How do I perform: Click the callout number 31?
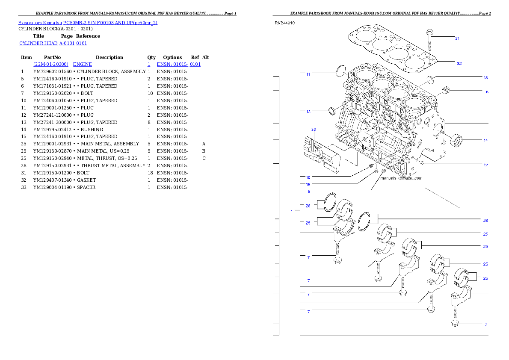click(457, 38)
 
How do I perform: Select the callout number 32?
click(459, 63)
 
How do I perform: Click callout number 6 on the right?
click(487, 91)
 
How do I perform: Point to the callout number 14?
click(485, 140)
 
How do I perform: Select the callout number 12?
click(485, 165)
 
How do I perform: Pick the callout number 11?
click(308, 74)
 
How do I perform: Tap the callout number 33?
click(314, 129)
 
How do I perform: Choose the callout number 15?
click(308, 184)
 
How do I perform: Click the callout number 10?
click(308, 177)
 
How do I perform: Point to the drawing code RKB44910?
click(284, 23)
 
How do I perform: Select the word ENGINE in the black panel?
click(83, 64)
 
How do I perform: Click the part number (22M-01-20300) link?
click(51, 64)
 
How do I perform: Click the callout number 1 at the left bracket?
click(292, 211)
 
